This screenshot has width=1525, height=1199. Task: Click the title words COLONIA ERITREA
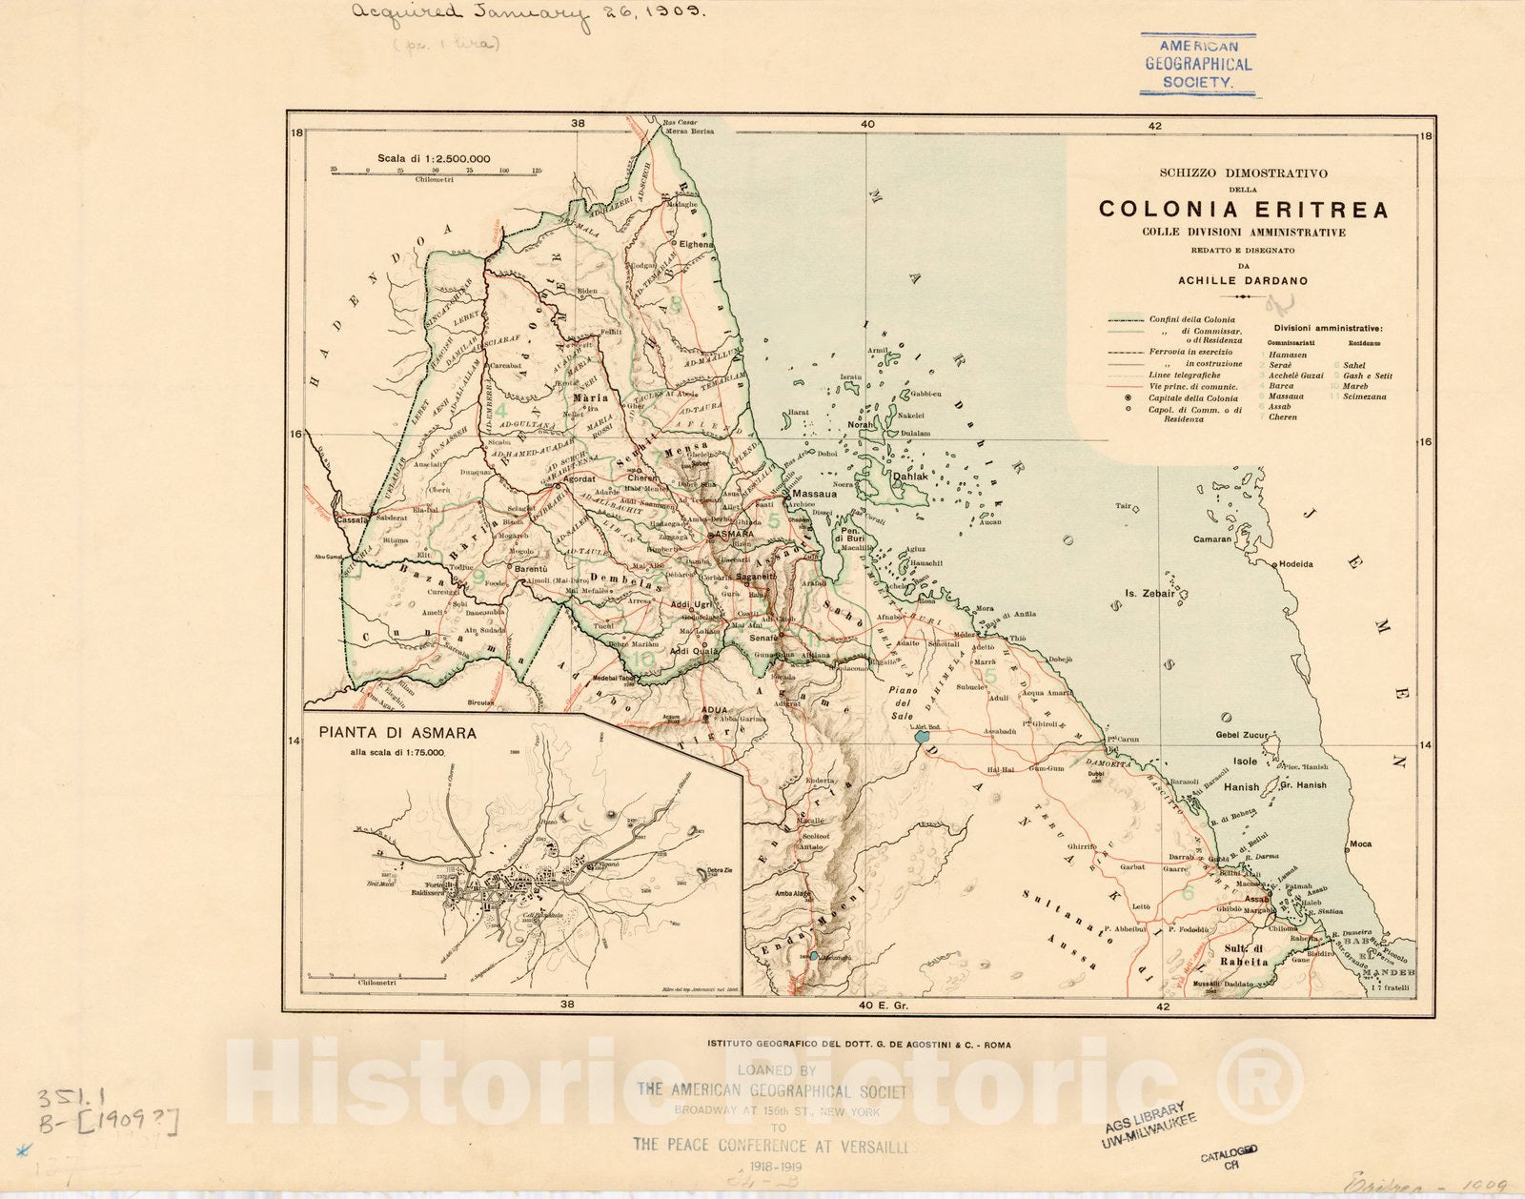pyautogui.click(x=1243, y=210)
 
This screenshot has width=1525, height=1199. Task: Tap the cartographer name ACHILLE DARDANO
pyautogui.click(x=1243, y=281)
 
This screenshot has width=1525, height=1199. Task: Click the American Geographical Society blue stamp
pyautogui.click(x=1198, y=65)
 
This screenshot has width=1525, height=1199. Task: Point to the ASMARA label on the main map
pyautogui.click(x=734, y=535)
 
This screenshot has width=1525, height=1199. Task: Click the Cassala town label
pyautogui.click(x=353, y=520)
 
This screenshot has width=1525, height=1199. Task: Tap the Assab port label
pyautogui.click(x=1257, y=899)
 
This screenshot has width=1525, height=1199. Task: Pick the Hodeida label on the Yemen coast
pyautogui.click(x=1295, y=564)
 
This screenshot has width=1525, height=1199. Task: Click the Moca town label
pyautogui.click(x=1360, y=843)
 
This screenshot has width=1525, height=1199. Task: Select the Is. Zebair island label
pyautogui.click(x=1149, y=593)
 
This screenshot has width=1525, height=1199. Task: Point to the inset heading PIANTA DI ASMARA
pyautogui.click(x=397, y=734)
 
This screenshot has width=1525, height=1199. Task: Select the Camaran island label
pyautogui.click(x=1212, y=539)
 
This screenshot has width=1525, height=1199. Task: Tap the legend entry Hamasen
pyautogui.click(x=1288, y=355)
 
